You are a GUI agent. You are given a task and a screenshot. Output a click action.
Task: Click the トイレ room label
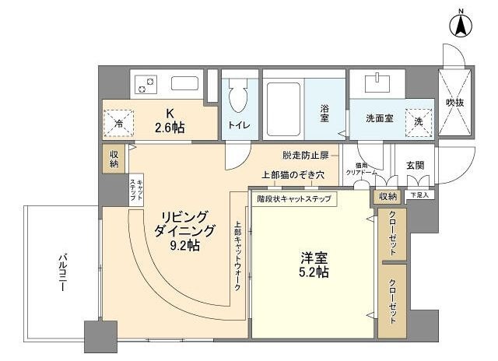pyautogui.click(x=238, y=124)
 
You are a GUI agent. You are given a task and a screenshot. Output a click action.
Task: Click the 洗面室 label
pyautogui.click(x=381, y=120)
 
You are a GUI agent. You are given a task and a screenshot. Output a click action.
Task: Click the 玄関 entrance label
pyautogui.click(x=415, y=166)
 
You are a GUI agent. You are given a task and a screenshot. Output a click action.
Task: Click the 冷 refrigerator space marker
pyautogui.click(x=119, y=122)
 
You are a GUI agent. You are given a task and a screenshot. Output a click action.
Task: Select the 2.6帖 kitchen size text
pyautogui.click(x=169, y=126)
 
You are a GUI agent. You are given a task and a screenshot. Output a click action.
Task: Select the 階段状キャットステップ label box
pyautogui.click(x=294, y=198)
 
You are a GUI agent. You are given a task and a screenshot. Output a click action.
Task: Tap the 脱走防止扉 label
pyautogui.click(x=306, y=156)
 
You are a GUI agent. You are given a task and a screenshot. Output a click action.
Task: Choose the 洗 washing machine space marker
pyautogui.click(x=419, y=122)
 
